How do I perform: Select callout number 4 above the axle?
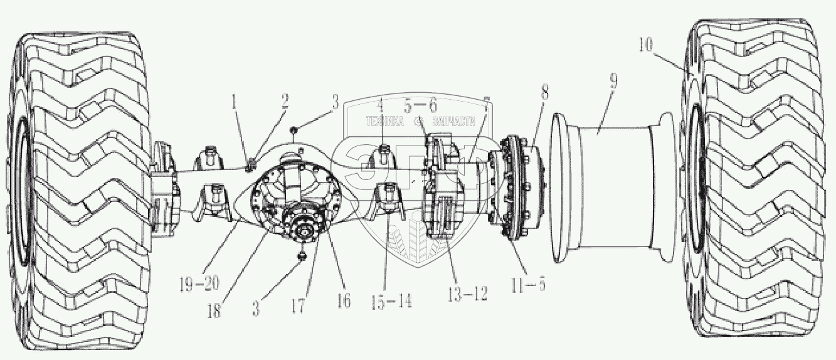tap(380, 105)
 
